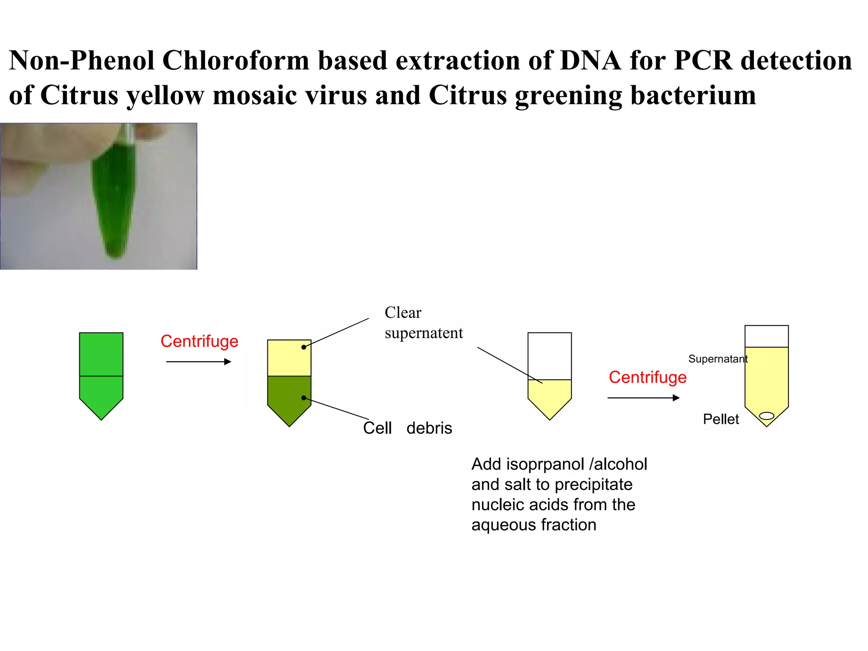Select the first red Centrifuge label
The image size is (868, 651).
tap(199, 341)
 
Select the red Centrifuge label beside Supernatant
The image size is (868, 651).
tap(647, 377)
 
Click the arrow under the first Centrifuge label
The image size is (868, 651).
tap(198, 362)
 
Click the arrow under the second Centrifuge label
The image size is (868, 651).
tap(643, 398)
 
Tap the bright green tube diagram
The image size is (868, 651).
tap(101, 373)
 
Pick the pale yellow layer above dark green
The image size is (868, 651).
tap(289, 358)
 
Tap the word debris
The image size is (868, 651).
tap(429, 428)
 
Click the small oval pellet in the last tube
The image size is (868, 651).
tap(766, 416)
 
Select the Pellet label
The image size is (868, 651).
tap(721, 419)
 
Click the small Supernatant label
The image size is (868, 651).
tap(718, 359)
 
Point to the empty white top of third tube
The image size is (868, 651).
tap(549, 356)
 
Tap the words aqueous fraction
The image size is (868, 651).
tap(534, 525)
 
